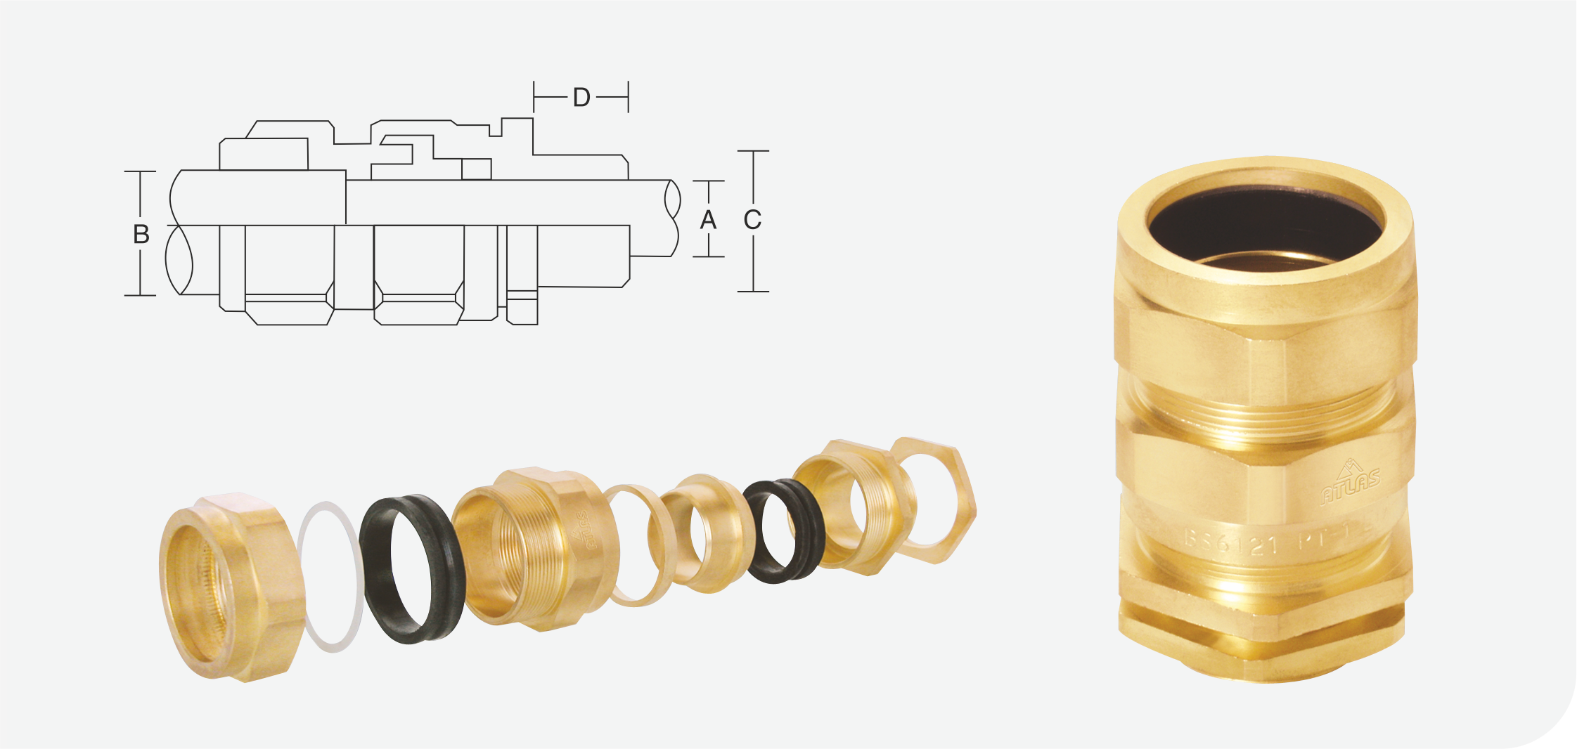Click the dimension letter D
581,98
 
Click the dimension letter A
708,220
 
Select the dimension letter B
141,235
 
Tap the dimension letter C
752,220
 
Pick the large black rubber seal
412,569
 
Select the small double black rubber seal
785,531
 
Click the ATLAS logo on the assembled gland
1350,485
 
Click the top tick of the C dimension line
753,151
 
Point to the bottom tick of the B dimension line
141,295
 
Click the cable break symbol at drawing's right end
673,218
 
